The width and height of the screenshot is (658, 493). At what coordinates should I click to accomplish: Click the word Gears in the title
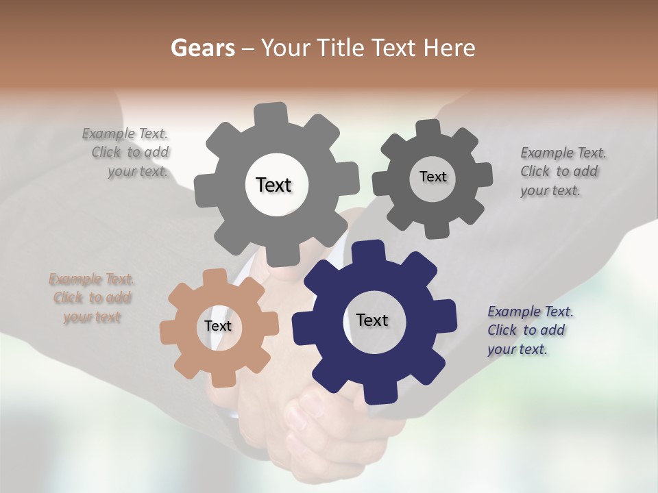[x=202, y=48]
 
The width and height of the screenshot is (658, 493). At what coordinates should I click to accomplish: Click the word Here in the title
[x=450, y=48]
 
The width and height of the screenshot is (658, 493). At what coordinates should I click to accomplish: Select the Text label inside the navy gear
[x=372, y=320]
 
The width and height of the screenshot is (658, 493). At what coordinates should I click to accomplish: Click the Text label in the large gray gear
[x=273, y=185]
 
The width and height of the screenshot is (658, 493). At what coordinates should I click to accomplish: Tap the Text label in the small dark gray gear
[x=432, y=177]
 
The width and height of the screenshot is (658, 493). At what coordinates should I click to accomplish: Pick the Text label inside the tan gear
[x=218, y=327]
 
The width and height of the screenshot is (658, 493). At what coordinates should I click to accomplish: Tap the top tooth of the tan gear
[x=216, y=277]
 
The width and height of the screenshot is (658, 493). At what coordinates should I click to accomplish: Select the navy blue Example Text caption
[x=530, y=330]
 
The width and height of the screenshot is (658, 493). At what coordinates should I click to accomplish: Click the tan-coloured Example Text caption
[x=92, y=298]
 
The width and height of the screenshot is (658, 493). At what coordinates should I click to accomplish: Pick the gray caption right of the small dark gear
[x=563, y=171]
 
